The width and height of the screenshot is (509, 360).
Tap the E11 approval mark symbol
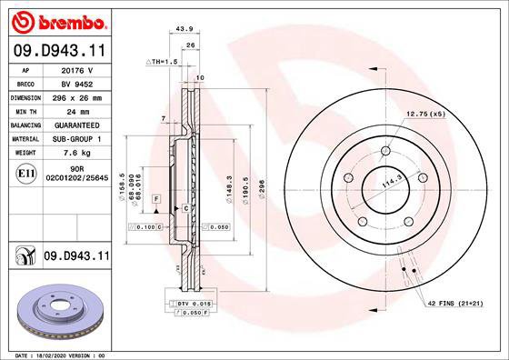point(26,174)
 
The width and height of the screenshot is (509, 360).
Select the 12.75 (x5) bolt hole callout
point(424,114)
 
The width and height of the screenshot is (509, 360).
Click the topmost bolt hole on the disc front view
point(384,150)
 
